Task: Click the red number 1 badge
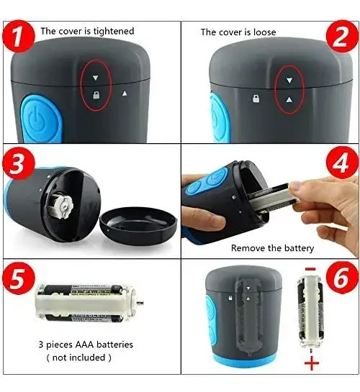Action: tap(19, 37)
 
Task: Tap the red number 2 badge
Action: tap(342, 37)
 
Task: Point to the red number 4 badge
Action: tap(342, 163)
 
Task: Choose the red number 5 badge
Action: tap(19, 278)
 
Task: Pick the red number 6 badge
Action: tap(342, 278)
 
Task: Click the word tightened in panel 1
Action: tap(114, 32)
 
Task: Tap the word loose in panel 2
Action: tap(264, 32)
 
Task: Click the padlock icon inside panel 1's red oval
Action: tap(96, 95)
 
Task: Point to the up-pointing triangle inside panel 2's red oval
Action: tap(289, 100)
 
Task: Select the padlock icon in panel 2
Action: tap(256, 99)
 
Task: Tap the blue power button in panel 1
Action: tap(42, 119)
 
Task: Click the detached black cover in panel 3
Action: tap(138, 225)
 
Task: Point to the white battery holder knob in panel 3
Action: tap(62, 206)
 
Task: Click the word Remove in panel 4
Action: tap(248, 248)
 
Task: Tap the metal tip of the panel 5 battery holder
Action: tap(140, 303)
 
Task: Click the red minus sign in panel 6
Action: tap(310, 269)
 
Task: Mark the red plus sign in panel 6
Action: tap(312, 363)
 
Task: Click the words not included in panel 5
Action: tap(78, 357)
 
